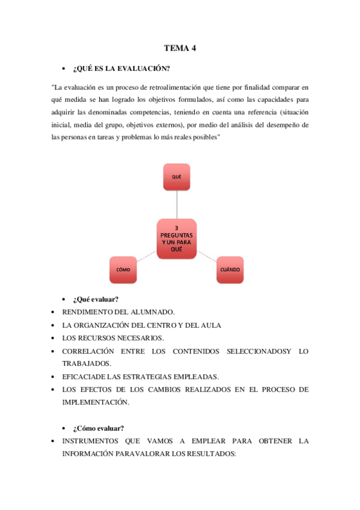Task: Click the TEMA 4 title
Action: (180, 48)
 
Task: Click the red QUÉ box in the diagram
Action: (177, 177)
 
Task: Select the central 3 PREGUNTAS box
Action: (177, 239)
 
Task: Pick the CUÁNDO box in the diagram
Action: (230, 269)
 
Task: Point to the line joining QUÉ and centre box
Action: (177, 204)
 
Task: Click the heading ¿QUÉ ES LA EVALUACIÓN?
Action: (117, 68)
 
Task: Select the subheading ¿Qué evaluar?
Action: (95, 300)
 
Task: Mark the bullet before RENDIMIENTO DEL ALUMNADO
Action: (53, 312)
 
